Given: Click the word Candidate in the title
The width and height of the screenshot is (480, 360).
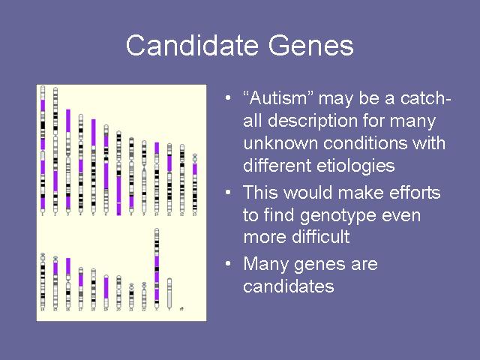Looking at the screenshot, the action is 192,45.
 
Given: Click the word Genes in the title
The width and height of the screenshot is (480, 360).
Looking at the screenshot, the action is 311,45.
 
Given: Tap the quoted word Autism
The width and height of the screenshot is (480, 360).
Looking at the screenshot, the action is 278,98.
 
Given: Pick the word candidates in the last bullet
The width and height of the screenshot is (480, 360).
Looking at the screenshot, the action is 288,286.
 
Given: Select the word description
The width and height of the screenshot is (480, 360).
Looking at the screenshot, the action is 313,121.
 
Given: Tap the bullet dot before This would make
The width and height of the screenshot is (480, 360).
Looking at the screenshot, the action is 228,193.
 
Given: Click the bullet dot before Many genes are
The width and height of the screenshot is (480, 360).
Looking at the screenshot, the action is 228,263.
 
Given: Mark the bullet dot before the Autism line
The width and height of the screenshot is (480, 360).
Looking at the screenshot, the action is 228,98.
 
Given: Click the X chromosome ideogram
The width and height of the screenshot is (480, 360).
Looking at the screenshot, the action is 157,268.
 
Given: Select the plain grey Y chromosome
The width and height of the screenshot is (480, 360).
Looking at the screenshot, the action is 169,293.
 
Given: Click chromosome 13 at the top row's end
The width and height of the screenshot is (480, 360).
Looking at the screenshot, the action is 195,183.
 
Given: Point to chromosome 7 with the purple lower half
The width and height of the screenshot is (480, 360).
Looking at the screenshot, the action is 118,173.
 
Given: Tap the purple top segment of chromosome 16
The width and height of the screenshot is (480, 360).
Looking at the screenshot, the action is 68,266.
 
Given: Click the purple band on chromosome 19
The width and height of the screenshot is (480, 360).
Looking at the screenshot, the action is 106,287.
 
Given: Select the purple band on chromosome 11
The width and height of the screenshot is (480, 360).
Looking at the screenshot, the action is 169,163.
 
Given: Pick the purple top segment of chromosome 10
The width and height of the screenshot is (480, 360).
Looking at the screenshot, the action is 157,148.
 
